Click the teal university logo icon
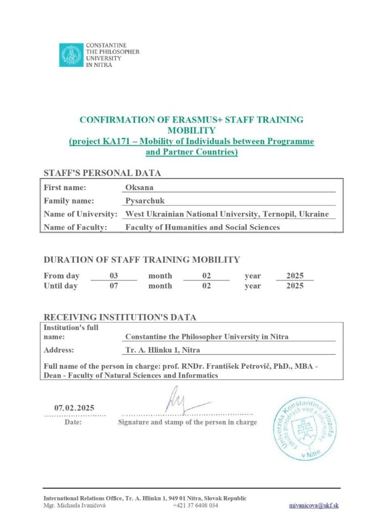click(x=70, y=55)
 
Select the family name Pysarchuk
click(x=145, y=201)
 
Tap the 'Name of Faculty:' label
click(x=76, y=227)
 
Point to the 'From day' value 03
click(x=113, y=276)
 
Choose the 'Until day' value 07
click(x=113, y=286)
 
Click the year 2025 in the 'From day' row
click(x=295, y=276)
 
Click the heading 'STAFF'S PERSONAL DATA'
click(x=103, y=173)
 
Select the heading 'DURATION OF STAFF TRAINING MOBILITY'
click(x=142, y=260)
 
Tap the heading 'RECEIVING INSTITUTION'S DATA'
click(x=120, y=318)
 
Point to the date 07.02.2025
click(x=74, y=408)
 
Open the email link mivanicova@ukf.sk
click(x=314, y=505)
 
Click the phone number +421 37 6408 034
click(x=196, y=505)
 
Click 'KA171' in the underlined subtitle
click(x=114, y=141)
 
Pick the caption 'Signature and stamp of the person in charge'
click(x=187, y=422)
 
